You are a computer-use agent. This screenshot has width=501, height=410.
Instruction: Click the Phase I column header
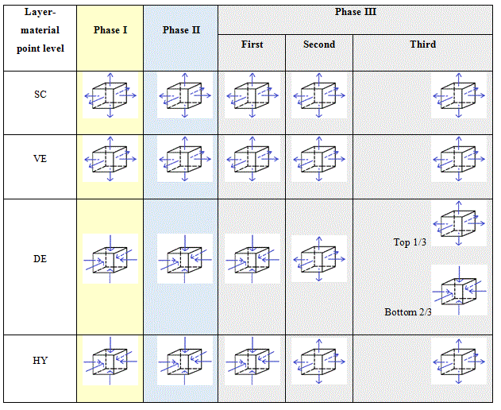pyautogui.click(x=110, y=30)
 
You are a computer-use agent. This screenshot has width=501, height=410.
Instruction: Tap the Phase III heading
pyautogui.click(x=355, y=13)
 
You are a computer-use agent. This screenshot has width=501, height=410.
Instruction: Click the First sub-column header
pyautogui.click(x=252, y=44)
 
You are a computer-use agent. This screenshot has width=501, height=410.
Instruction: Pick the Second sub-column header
pyautogui.click(x=319, y=44)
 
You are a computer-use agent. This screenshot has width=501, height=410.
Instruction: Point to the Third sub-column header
pyautogui.click(x=422, y=44)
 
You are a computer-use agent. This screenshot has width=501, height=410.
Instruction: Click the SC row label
pyautogui.click(x=40, y=95)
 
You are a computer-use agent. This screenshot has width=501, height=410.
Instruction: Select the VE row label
pyautogui.click(x=40, y=158)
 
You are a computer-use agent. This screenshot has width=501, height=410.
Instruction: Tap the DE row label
pyautogui.click(x=40, y=259)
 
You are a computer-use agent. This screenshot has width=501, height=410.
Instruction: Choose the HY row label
pyautogui.click(x=40, y=360)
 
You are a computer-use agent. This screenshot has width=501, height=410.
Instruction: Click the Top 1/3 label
pyautogui.click(x=410, y=242)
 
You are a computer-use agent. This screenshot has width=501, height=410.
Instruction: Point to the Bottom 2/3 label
pyautogui.click(x=408, y=312)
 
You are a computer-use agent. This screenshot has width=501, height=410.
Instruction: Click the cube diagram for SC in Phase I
pyautogui.click(x=110, y=98)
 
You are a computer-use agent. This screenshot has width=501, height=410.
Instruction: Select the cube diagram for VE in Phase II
pyautogui.click(x=184, y=161)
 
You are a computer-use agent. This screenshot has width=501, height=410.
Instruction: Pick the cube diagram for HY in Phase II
pyautogui.click(x=184, y=362)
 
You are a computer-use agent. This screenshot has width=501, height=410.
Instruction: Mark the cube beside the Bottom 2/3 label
pyautogui.click(x=459, y=290)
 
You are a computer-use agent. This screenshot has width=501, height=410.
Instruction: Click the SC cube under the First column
pyautogui.click(x=252, y=98)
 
